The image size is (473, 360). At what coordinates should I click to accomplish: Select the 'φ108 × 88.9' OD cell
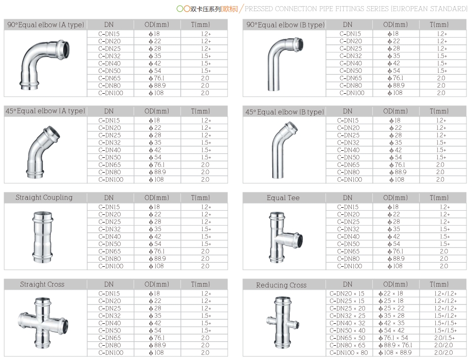click(x=396, y=352)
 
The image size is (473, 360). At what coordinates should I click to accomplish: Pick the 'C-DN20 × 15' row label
click(x=348, y=293)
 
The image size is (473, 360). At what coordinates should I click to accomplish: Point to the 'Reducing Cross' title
click(x=281, y=285)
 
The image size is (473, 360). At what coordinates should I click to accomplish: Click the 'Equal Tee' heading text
click(x=283, y=198)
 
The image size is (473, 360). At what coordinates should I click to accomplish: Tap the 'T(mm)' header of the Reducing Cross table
click(x=439, y=284)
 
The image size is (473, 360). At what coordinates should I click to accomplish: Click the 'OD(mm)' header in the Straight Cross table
click(x=156, y=284)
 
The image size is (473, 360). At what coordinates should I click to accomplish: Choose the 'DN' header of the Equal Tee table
click(x=347, y=198)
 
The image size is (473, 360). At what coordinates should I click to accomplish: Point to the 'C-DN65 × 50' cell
click(x=348, y=338)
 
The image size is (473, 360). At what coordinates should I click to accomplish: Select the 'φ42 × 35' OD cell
click(x=392, y=323)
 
